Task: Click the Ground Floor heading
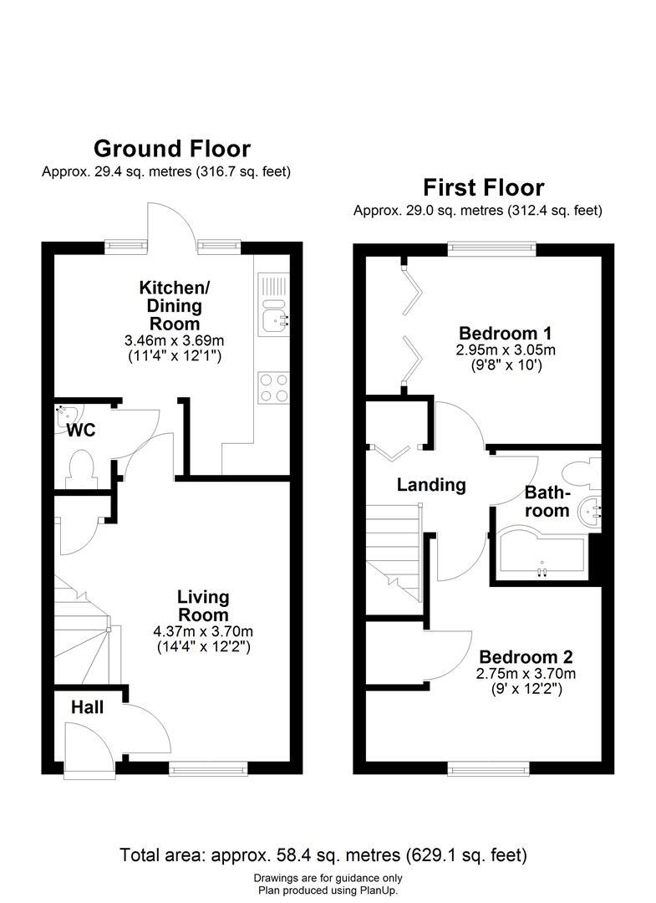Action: [171, 149]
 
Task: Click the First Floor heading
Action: [483, 187]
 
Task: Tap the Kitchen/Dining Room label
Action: [175, 305]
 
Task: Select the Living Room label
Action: [203, 606]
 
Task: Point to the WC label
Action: [82, 431]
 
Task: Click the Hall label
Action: [87, 708]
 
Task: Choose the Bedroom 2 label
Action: [525, 657]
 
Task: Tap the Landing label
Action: [430, 485]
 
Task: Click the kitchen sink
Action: [272, 318]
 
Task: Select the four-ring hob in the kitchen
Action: [273, 388]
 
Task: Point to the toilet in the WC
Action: [82, 469]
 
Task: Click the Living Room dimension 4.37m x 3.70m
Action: [204, 631]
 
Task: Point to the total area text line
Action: [323, 855]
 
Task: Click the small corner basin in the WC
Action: [64, 412]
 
